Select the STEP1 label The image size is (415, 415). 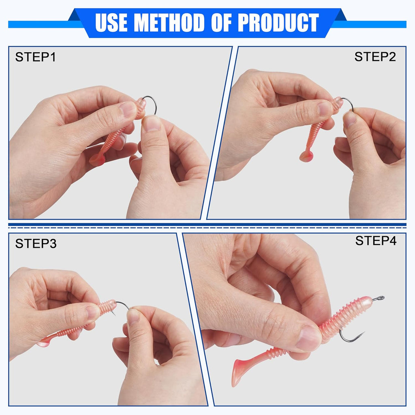(35, 57)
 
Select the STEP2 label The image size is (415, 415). (375, 57)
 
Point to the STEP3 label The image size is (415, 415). (36, 244)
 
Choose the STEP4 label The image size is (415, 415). (376, 241)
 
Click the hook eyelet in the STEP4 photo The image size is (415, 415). (379, 298)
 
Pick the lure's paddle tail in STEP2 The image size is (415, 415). (306, 156)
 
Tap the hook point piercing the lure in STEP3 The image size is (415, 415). (114, 312)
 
